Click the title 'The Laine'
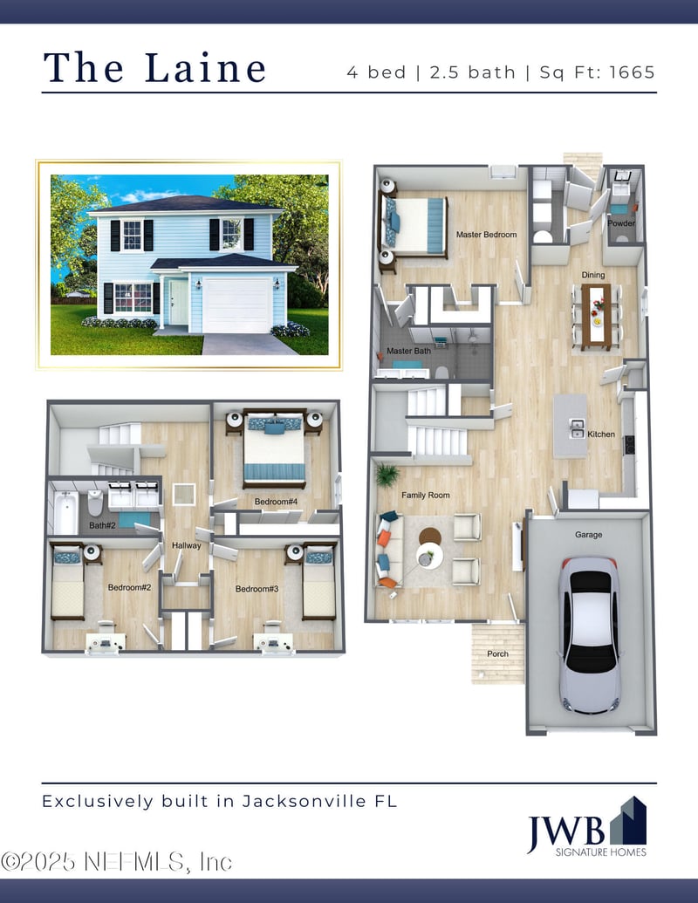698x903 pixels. point(154,68)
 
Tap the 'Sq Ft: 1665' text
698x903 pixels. point(597,72)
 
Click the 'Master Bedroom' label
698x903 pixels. point(487,235)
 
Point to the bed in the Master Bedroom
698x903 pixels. point(416,225)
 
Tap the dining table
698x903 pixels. point(598,316)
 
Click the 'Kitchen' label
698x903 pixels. point(601,434)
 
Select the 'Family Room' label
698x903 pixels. point(426,496)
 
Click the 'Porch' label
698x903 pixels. point(497,653)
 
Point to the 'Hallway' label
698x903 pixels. point(187,546)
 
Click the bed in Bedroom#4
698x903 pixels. point(274,448)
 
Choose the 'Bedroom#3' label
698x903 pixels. point(257,589)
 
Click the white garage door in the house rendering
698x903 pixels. point(236,304)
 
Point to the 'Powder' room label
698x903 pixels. point(621,223)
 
